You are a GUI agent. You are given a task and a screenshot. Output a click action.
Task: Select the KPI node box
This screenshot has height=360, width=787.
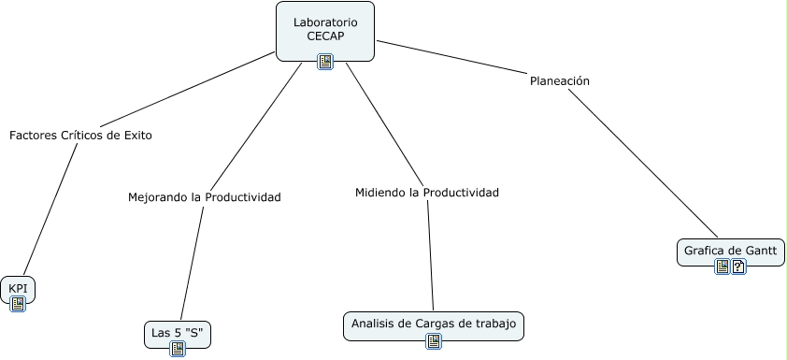(x=18, y=288)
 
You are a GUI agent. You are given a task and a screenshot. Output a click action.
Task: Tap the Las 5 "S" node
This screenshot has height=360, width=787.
(x=177, y=332)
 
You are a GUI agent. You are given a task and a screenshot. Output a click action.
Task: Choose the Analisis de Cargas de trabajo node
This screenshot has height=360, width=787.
(x=433, y=324)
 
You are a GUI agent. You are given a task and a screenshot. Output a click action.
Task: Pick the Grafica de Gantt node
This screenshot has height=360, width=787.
(x=731, y=251)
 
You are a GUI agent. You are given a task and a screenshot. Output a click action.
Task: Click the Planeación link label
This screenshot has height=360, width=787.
(x=559, y=80)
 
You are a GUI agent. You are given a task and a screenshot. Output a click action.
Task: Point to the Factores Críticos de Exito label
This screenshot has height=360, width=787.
(x=80, y=135)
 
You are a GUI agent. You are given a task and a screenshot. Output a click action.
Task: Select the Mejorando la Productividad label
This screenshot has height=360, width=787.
(x=204, y=197)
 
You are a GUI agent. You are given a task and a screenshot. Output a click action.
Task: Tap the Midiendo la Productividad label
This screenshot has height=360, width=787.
(x=427, y=193)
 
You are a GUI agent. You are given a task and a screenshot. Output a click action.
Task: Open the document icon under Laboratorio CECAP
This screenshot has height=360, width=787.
(x=325, y=62)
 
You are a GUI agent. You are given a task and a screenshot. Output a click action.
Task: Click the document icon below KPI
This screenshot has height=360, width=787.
(x=18, y=304)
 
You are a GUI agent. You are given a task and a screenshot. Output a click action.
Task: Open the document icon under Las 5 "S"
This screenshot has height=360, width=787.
(x=178, y=349)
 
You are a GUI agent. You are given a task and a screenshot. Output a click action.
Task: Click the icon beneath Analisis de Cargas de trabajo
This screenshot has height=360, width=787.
(x=433, y=341)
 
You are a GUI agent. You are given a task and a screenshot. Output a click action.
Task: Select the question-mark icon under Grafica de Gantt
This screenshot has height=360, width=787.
(x=738, y=266)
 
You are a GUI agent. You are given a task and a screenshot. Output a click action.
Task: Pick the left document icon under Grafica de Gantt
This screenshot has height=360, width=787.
(x=723, y=266)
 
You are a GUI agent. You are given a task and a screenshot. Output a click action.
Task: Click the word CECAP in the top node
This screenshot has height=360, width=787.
(x=325, y=36)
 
